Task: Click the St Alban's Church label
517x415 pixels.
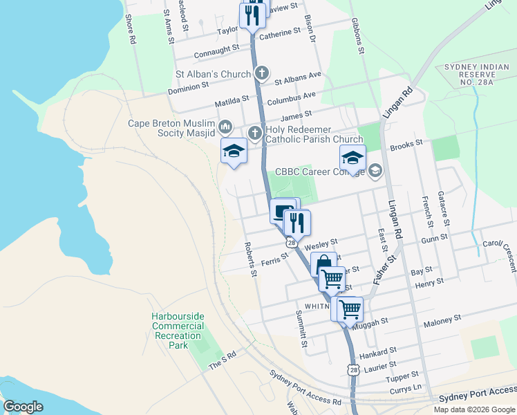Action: click(x=214, y=73)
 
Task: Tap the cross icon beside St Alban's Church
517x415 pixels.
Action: click(x=261, y=73)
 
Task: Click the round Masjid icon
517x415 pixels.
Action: click(x=225, y=127)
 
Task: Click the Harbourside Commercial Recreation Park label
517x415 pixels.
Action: click(x=178, y=331)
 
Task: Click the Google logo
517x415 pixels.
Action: click(x=23, y=407)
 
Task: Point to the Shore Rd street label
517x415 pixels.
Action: click(x=130, y=31)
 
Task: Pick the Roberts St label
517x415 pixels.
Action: click(x=250, y=260)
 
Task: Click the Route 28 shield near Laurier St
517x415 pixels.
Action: click(x=353, y=371)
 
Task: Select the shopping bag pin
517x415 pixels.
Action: click(x=324, y=265)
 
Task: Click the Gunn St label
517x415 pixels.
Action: click(x=435, y=237)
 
